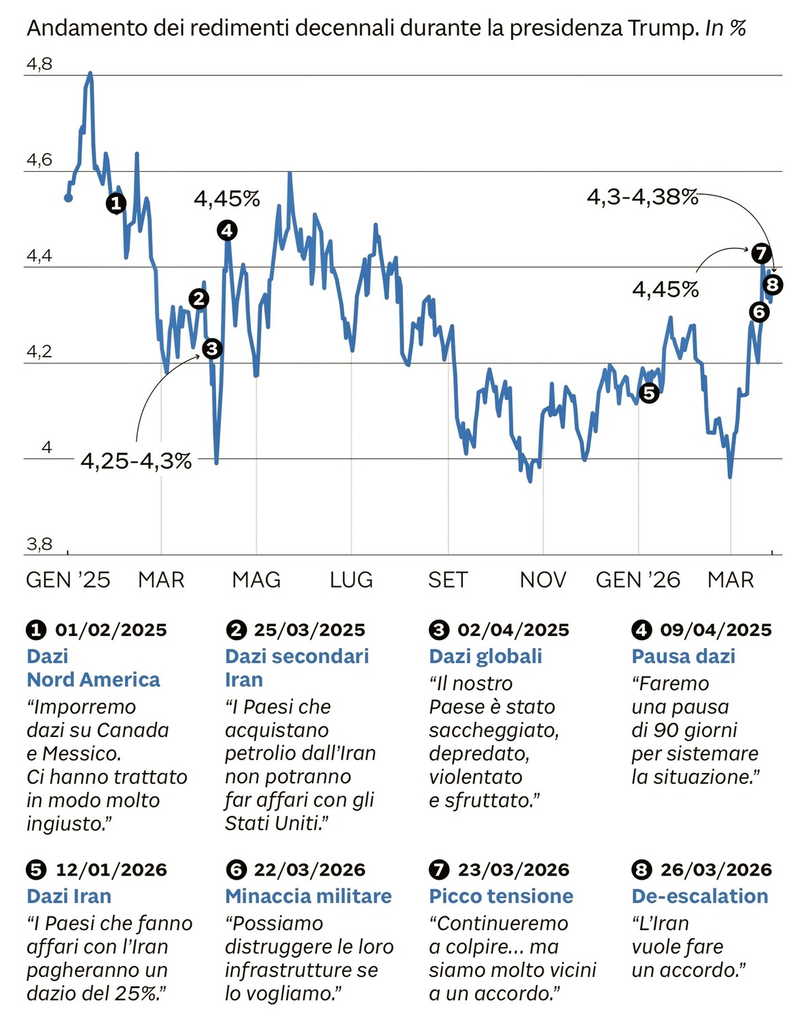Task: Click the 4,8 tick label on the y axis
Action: pos(39,65)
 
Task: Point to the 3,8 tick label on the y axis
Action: pos(39,544)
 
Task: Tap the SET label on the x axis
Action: pos(448,580)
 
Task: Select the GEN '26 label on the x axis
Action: pos(638,580)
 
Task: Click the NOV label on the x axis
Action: pos(543,580)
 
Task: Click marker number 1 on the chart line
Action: pos(116,203)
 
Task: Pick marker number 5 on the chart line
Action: pos(649,393)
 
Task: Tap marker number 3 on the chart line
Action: pos(212,349)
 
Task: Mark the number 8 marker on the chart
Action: pos(773,285)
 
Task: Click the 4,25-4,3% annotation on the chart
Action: pos(136,461)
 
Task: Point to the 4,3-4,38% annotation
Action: pos(642,197)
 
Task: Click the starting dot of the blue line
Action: pos(68,198)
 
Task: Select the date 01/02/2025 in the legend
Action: pos(111,630)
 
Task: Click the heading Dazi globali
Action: pos(485,656)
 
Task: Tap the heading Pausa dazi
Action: pos(683,656)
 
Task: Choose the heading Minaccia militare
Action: pos(308,896)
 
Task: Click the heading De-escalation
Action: pos(699,896)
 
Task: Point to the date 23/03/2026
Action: pos(513,870)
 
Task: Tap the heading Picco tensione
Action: pos(501,896)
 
